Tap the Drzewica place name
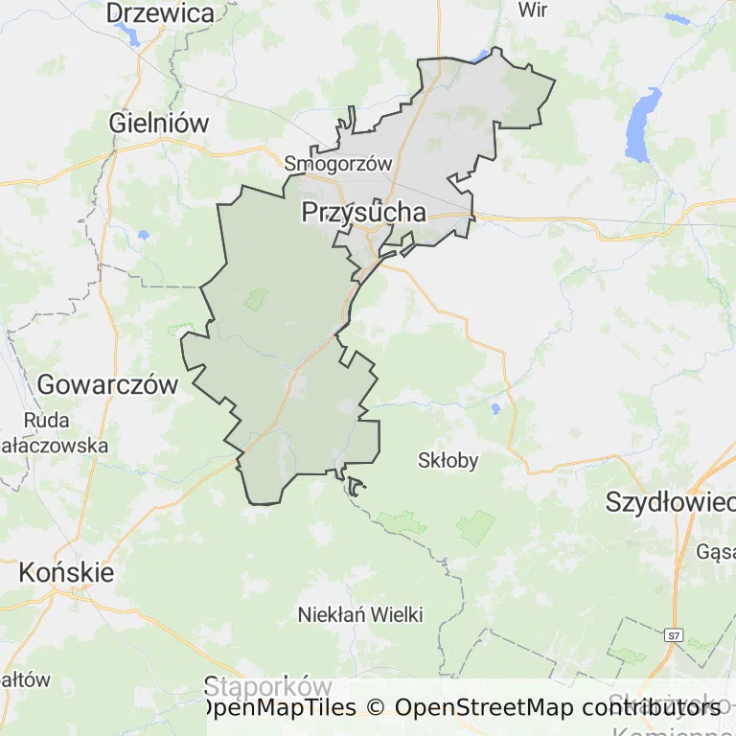(x=160, y=13)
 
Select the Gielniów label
(x=159, y=123)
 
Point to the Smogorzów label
(x=338, y=164)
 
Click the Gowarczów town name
(x=107, y=385)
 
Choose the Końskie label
(x=66, y=573)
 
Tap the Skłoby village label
(x=448, y=460)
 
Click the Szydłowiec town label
(x=670, y=501)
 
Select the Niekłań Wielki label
(x=360, y=614)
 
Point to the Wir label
(x=532, y=11)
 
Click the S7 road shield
(x=674, y=634)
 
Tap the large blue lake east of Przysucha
(x=642, y=125)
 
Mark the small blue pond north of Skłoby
(x=495, y=409)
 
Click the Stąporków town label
(x=267, y=686)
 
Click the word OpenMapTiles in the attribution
(x=279, y=708)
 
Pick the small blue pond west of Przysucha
(x=143, y=235)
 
